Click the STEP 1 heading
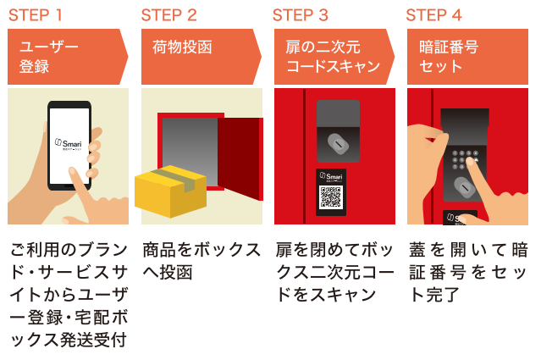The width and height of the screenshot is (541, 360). (x=36, y=14)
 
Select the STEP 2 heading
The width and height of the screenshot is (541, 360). (x=169, y=14)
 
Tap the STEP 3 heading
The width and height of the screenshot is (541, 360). (x=301, y=14)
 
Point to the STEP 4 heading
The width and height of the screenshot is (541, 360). (x=433, y=14)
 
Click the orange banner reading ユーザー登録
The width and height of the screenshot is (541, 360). (x=63, y=56)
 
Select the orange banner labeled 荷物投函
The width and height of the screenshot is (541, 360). (x=195, y=56)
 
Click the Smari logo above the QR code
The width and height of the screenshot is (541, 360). (x=331, y=176)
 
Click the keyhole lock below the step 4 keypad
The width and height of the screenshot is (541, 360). (x=464, y=186)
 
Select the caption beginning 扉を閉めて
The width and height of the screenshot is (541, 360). (x=334, y=272)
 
